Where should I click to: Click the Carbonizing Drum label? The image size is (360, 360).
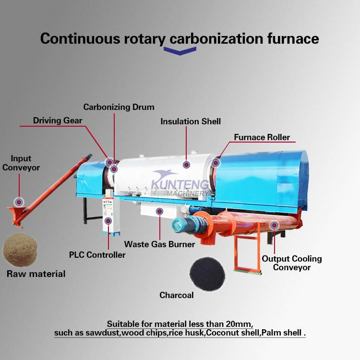click(x=119, y=107)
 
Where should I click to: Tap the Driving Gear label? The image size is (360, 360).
click(x=58, y=120)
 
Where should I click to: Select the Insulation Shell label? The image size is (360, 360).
click(x=191, y=121)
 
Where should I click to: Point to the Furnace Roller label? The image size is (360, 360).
click(x=262, y=137)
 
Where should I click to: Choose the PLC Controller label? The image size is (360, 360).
click(x=97, y=254)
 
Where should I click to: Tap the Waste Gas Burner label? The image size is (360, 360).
click(x=160, y=244)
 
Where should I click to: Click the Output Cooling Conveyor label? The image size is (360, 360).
click(x=291, y=263)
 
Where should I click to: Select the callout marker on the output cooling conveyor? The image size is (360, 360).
click(x=274, y=224)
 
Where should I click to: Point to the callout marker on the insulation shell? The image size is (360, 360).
click(x=186, y=164)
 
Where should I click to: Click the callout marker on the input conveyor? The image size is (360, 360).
click(x=19, y=202)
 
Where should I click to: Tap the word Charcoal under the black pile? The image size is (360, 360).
click(x=177, y=295)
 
